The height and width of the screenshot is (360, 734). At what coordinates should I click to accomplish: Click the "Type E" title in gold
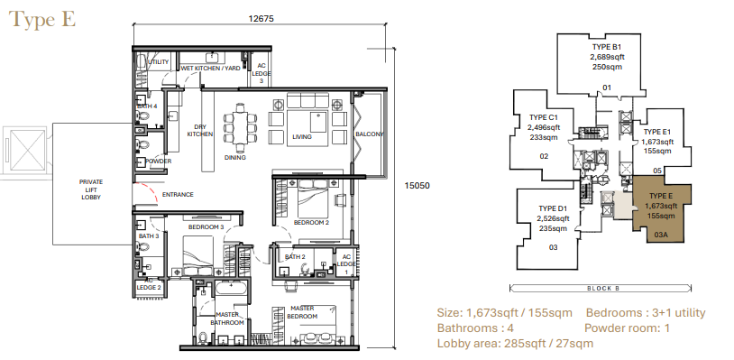pyautogui.click(x=42, y=20)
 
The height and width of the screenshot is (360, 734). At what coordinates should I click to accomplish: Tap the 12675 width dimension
pyautogui.click(x=261, y=19)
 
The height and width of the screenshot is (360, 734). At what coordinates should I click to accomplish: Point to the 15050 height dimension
pyautogui.click(x=417, y=185)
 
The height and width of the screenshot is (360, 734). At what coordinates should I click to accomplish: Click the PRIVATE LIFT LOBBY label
pyautogui.click(x=91, y=189)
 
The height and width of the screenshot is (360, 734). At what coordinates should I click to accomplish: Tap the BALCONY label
pyautogui.click(x=370, y=134)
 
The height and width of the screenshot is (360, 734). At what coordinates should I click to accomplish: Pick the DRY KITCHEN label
pyautogui.click(x=200, y=131)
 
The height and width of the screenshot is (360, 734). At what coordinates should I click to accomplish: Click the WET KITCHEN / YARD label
pyautogui.click(x=210, y=69)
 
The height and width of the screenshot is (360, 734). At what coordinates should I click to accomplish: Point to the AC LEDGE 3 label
pyautogui.click(x=261, y=73)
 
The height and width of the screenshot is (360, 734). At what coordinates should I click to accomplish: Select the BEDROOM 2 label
pyautogui.click(x=311, y=222)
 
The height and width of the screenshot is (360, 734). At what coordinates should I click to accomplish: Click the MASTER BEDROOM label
pyautogui.click(x=302, y=312)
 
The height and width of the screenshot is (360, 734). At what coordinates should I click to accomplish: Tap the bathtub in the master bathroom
pyautogui.click(x=231, y=288)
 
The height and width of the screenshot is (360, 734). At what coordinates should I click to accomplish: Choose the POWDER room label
pyautogui.click(x=158, y=161)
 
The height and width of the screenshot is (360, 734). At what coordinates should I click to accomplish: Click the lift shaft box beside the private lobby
pyautogui.click(x=28, y=151)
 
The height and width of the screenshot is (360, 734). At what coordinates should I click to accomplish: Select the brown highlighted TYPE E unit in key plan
pyautogui.click(x=662, y=209)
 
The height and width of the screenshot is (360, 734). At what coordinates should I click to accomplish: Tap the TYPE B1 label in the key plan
pyautogui.click(x=607, y=47)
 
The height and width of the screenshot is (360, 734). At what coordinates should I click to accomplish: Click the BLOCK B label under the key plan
pyautogui.click(x=603, y=289)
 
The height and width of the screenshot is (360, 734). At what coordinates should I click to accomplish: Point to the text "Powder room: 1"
pyautogui.click(x=627, y=328)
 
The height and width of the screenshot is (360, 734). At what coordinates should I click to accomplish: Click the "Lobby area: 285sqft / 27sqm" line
pyautogui.click(x=515, y=344)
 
